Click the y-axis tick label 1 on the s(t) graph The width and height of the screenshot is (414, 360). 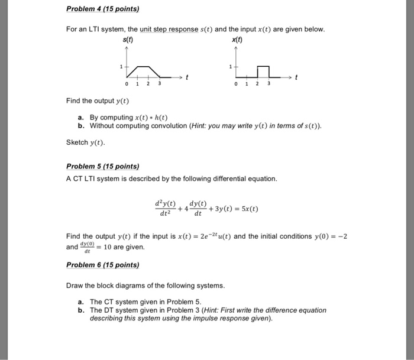(x=121, y=67)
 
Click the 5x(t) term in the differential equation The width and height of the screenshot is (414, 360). (x=248, y=209)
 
